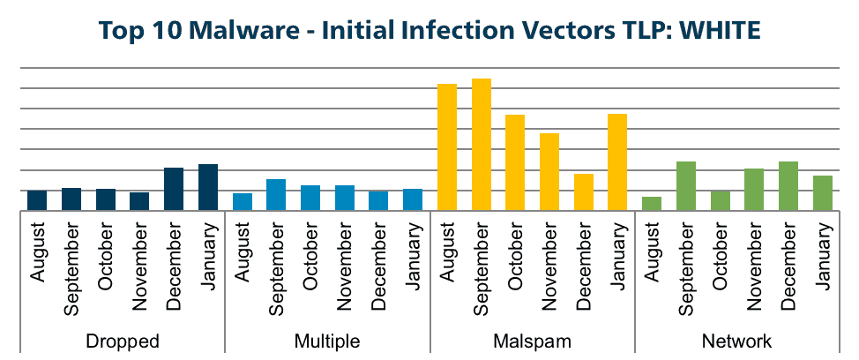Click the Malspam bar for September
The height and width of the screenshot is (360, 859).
(481, 145)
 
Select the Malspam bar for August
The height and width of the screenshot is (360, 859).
(447, 147)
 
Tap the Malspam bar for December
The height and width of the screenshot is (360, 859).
(584, 192)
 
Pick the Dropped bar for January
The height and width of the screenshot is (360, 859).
(208, 187)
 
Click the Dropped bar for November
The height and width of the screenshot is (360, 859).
(139, 201)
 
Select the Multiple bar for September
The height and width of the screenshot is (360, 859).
(276, 195)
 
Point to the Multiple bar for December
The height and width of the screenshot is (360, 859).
(378, 201)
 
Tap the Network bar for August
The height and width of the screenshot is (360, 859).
(652, 204)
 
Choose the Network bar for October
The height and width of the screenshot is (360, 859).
(720, 201)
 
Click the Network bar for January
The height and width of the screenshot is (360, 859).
(822, 193)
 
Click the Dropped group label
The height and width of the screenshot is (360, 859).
(123, 341)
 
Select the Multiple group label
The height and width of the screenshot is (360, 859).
(327, 341)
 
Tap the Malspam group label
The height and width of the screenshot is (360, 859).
(532, 341)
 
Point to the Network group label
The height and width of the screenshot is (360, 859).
(736, 341)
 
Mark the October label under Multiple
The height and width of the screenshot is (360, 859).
(310, 258)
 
